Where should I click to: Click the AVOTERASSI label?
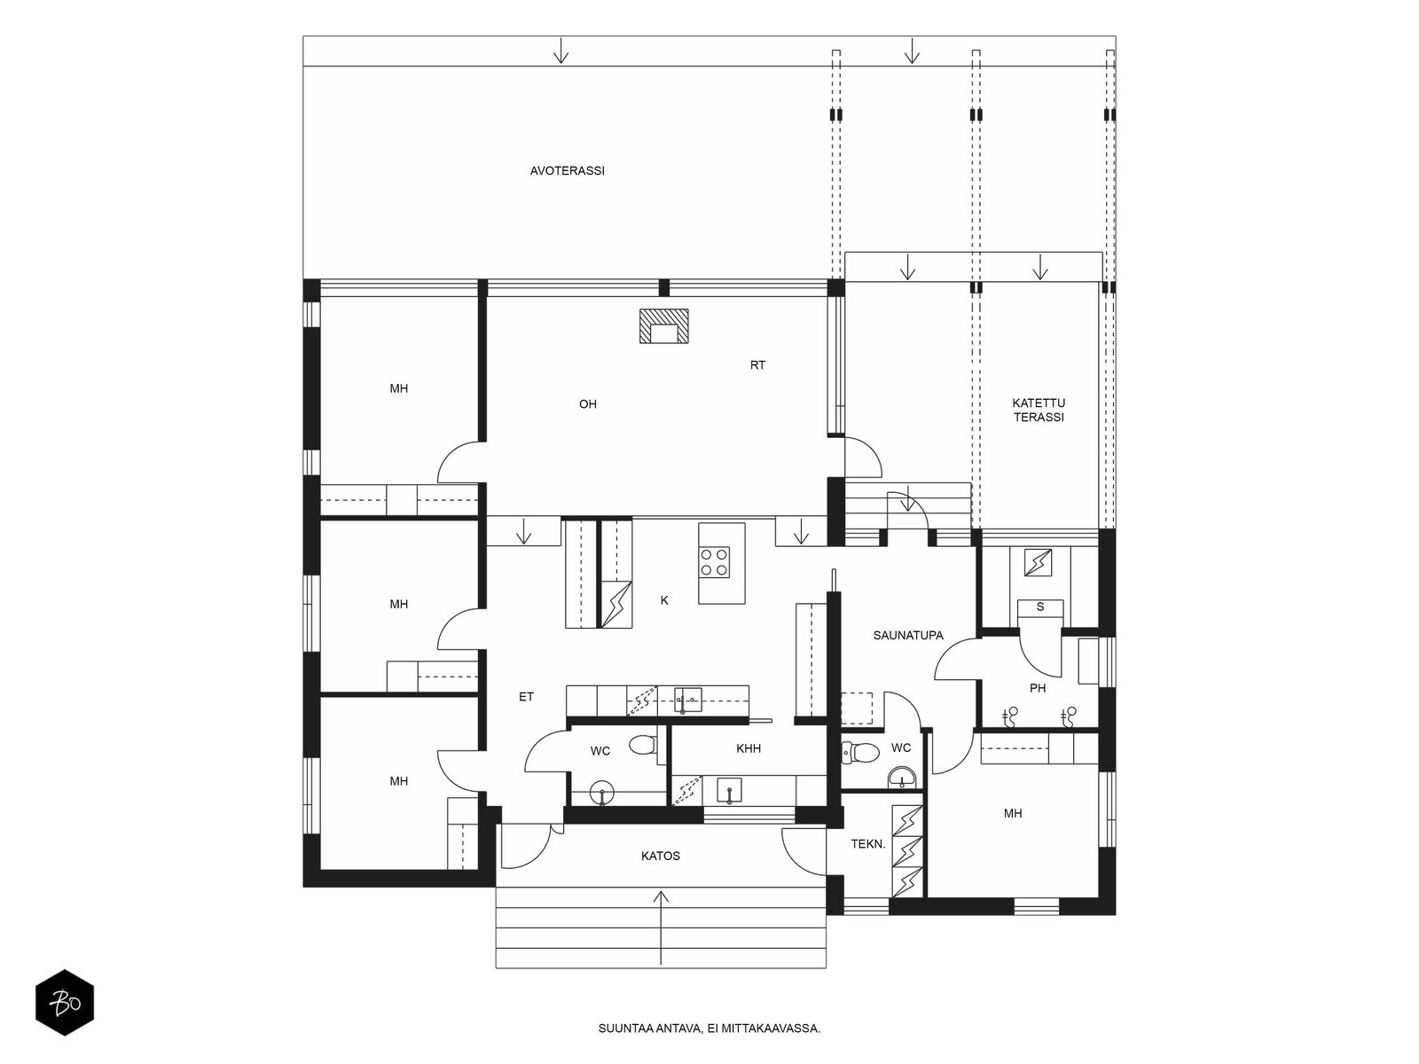[567, 171]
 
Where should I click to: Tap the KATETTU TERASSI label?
[1039, 410]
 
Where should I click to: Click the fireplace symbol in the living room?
[664, 326]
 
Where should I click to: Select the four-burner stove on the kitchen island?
[714, 563]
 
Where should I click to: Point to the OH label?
[587, 404]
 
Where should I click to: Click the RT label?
[757, 365]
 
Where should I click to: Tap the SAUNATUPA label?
[908, 635]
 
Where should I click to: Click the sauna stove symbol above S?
[1038, 562]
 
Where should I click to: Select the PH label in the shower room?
[1038, 688]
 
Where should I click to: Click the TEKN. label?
[868, 844]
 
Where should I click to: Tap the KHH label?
[749, 748]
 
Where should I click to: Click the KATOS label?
[661, 856]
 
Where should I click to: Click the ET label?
[526, 697]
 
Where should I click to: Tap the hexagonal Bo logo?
[65, 1004]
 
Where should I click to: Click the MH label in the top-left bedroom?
[399, 388]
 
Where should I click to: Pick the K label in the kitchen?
[664, 600]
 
